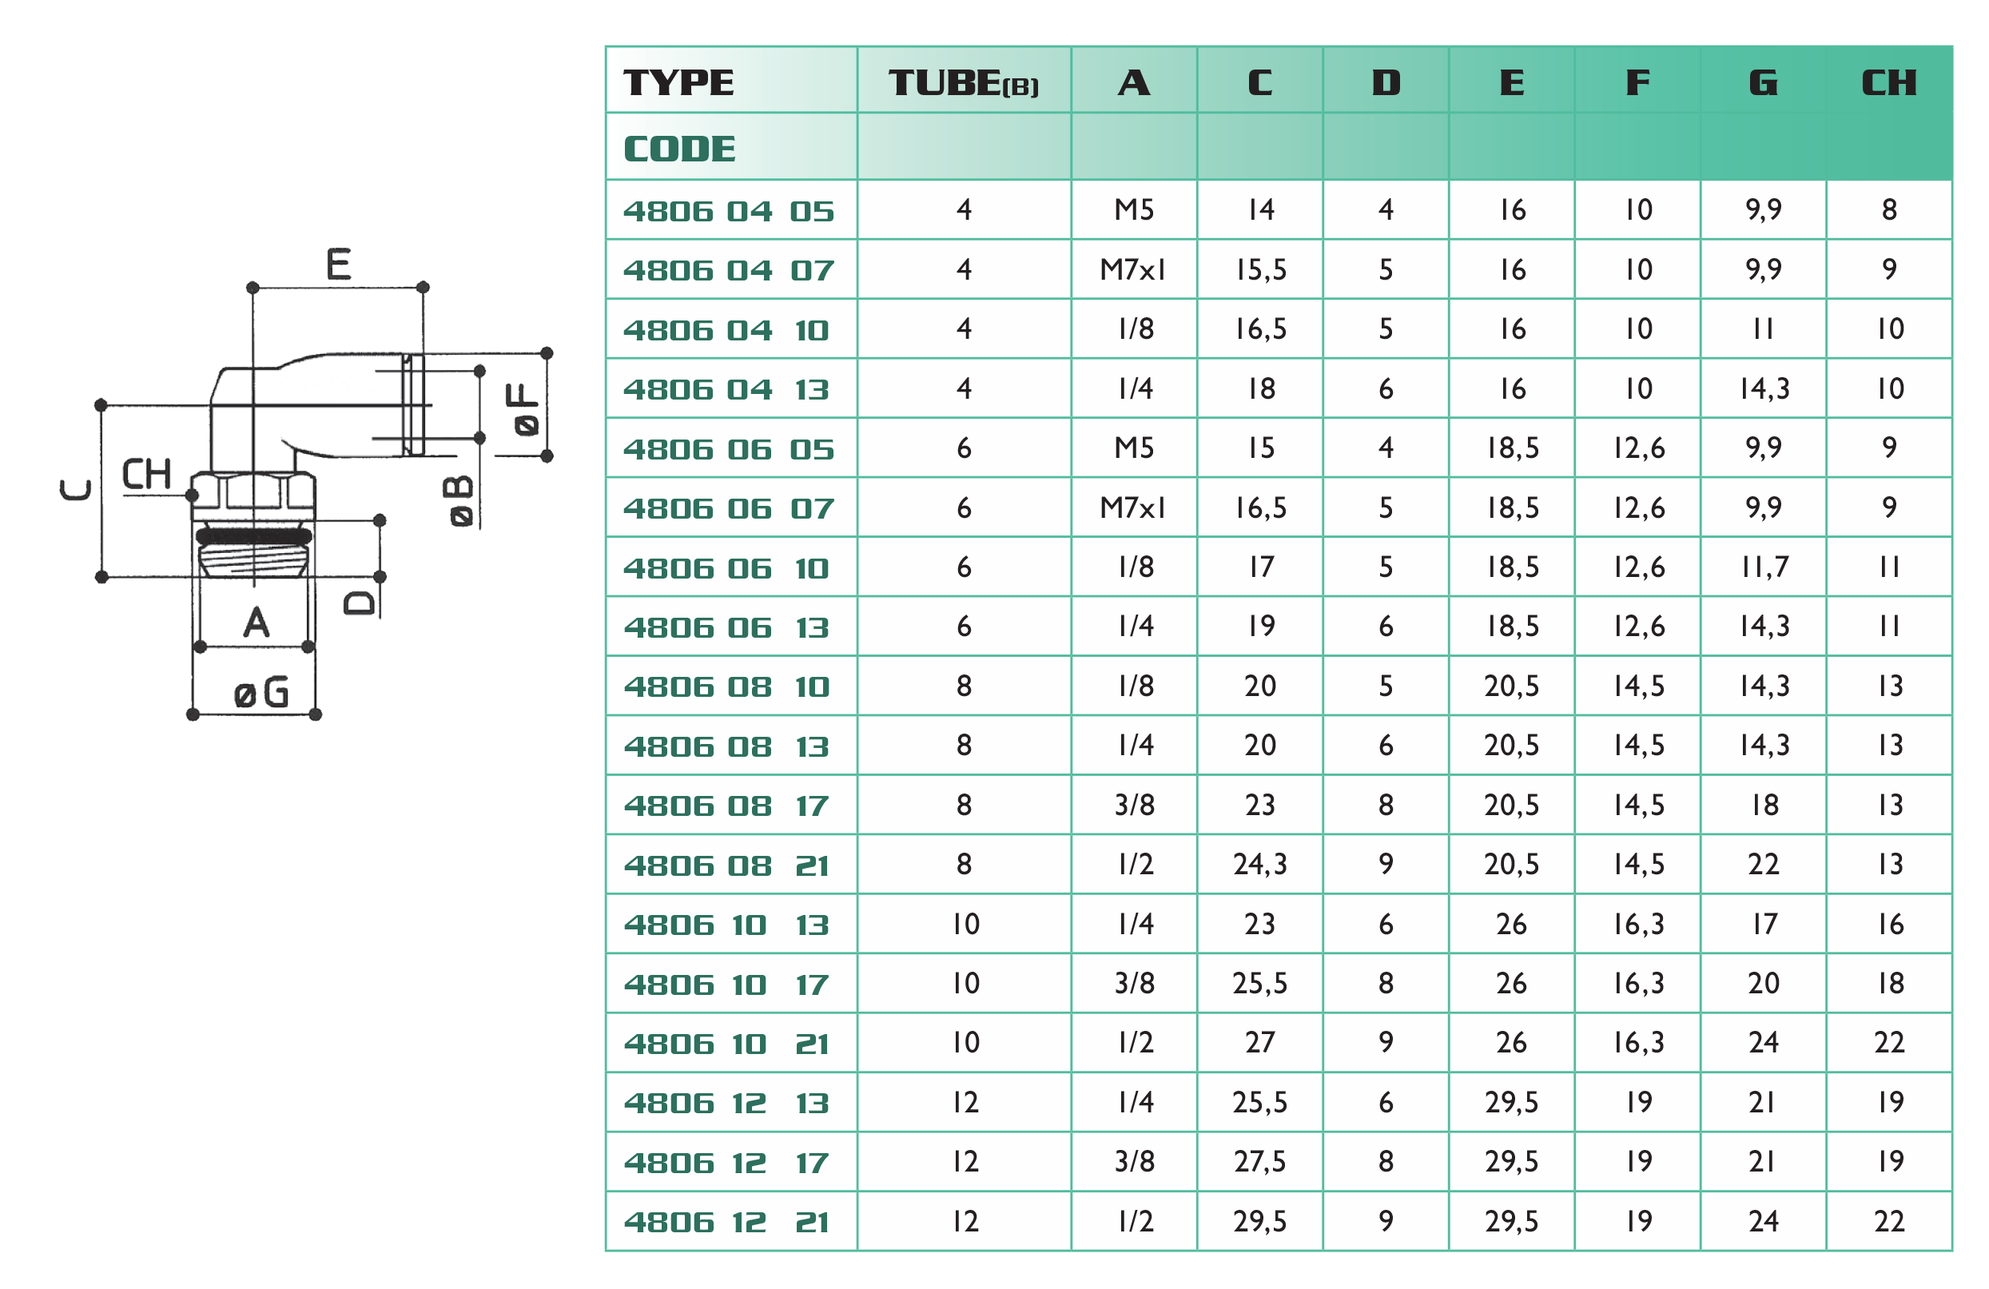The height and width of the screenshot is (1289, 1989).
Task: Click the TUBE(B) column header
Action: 963,83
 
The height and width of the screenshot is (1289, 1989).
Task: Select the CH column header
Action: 1889,83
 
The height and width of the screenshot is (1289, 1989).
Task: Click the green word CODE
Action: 679,149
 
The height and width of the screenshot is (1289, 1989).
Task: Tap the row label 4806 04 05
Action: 729,211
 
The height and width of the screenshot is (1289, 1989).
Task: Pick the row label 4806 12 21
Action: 726,1222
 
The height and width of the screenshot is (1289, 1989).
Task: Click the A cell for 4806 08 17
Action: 1134,805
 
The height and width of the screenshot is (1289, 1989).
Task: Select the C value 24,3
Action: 1259,865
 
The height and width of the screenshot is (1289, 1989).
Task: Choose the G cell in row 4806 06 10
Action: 1764,567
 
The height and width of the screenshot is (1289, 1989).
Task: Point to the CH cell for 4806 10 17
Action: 1890,983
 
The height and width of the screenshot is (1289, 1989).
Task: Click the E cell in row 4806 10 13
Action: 1511,924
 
